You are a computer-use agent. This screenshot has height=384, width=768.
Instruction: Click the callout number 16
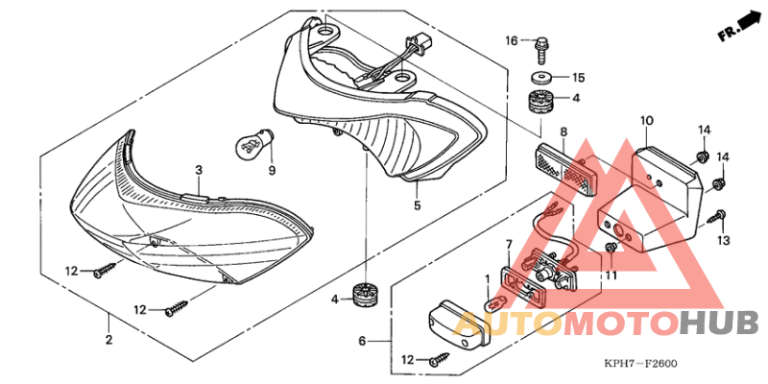point(512,40)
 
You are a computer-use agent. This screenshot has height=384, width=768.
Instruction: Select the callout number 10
point(647,120)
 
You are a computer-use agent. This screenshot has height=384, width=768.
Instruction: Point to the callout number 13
point(724,240)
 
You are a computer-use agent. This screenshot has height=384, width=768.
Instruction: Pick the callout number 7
point(510,246)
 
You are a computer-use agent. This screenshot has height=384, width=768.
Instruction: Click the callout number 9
point(272,170)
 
